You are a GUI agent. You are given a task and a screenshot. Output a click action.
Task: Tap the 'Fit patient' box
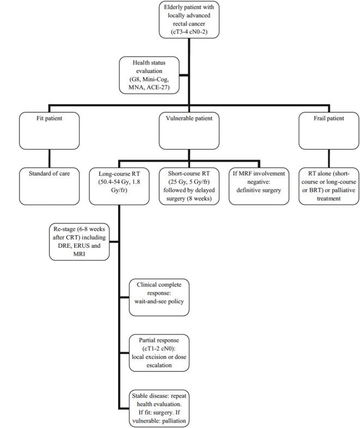click(x=50, y=128)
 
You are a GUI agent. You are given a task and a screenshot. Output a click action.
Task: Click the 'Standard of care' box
click(x=50, y=185)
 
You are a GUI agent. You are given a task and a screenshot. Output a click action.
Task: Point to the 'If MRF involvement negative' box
click(x=257, y=185)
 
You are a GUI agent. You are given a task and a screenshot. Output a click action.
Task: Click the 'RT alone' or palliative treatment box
click(x=325, y=185)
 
